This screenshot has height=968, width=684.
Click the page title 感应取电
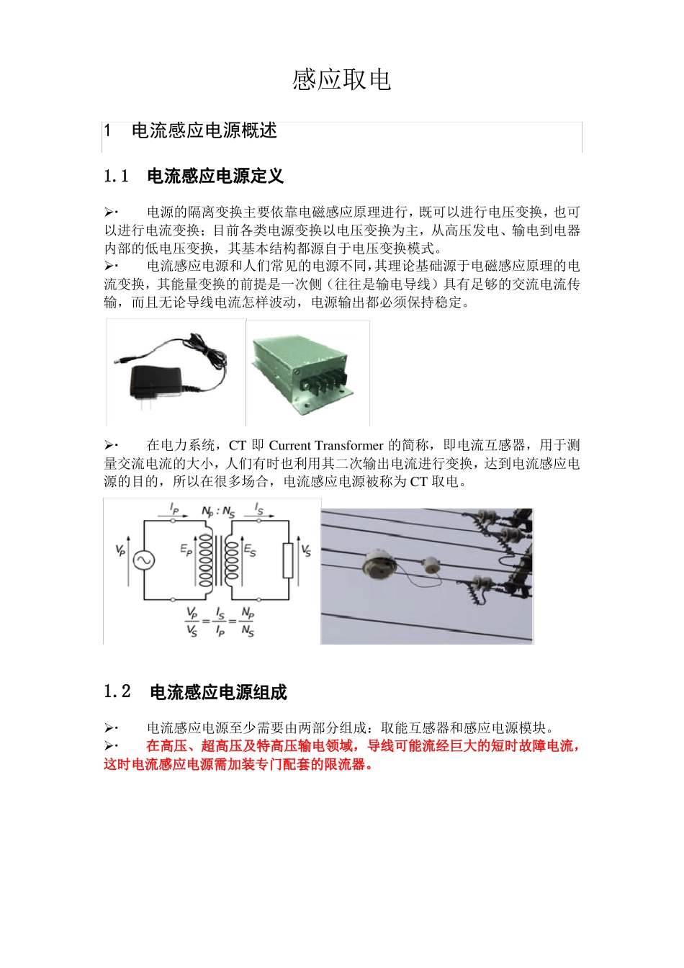[341, 80]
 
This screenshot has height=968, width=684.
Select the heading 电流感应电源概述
[204, 130]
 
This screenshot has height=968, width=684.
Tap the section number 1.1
[116, 176]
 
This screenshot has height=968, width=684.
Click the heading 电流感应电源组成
[218, 692]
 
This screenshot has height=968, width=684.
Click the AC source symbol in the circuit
[144, 561]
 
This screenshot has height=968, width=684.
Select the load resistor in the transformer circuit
[288, 560]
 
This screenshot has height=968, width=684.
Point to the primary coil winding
[206, 560]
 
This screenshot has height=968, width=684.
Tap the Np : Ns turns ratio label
[218, 512]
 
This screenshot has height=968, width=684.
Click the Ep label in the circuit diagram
[186, 550]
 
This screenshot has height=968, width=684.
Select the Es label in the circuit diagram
[250, 550]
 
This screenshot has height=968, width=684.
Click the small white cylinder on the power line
[430, 565]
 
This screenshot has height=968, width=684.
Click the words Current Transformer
[325, 446]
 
